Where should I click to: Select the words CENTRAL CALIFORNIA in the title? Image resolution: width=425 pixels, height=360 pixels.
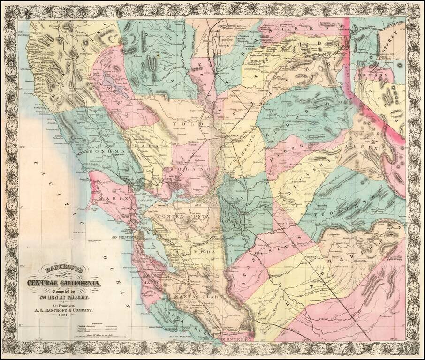64,283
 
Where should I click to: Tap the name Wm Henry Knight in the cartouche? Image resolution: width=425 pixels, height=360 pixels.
64,297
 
